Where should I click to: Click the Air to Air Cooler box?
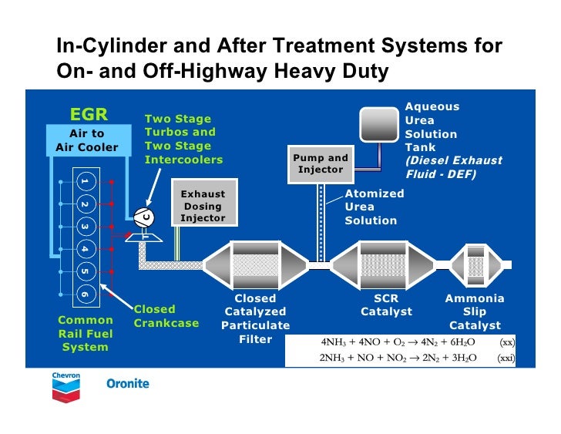(87, 140)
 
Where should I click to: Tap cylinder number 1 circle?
(84, 181)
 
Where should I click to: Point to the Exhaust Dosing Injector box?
(203, 206)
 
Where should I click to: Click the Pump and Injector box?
(321, 164)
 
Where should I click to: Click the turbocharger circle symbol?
(144, 218)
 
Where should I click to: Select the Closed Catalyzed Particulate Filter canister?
(255, 265)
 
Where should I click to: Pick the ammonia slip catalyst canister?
(474, 265)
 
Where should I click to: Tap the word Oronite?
(127, 383)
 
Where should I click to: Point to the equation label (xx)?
(507, 341)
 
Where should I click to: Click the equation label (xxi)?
(506, 358)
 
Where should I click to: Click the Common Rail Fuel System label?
(86, 333)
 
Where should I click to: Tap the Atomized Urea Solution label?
(375, 207)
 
